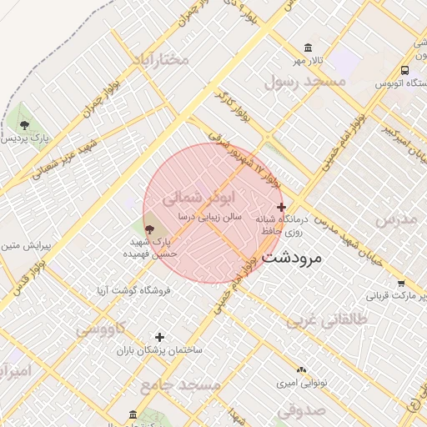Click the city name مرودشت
tap(291, 259)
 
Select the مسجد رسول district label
tap(304, 82)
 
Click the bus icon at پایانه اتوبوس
tap(404, 71)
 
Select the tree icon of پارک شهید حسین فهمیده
tap(149, 228)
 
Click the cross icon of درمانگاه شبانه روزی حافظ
tap(281, 207)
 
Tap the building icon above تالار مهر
tap(309, 48)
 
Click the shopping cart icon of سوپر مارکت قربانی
tap(401, 284)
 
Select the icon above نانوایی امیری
tap(301, 368)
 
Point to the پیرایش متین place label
tap(26, 246)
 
